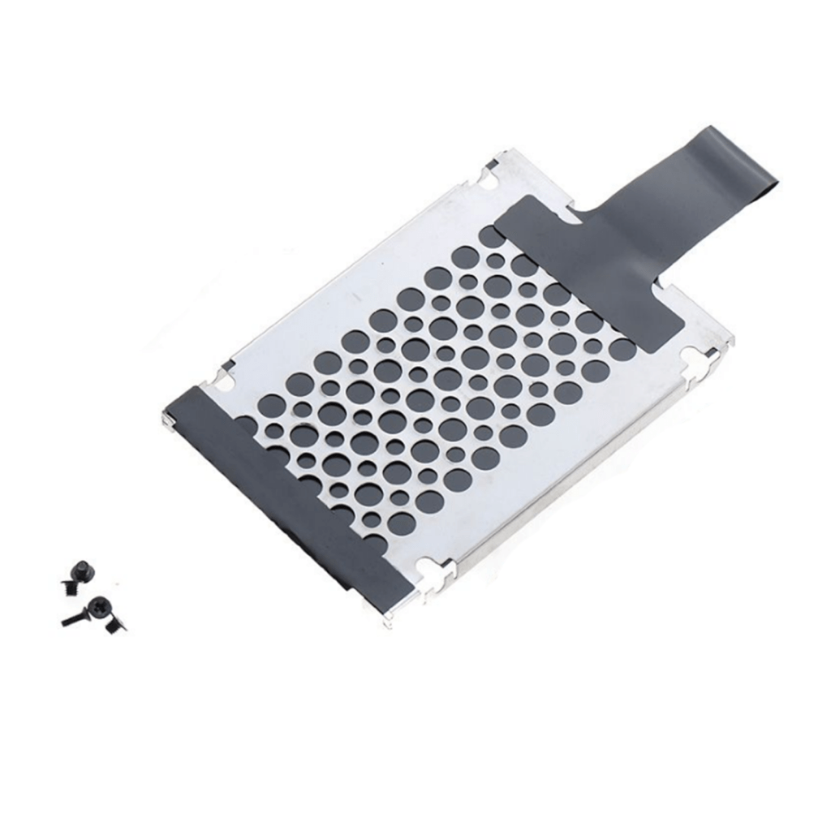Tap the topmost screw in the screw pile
click(80, 573)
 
